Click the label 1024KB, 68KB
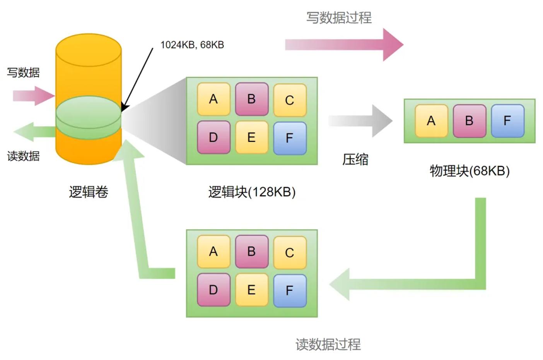click(192, 45)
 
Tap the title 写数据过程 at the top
click(339, 18)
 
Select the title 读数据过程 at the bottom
click(328, 344)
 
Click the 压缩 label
click(355, 159)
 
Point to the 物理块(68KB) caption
click(470, 171)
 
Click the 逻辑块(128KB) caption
click(252, 192)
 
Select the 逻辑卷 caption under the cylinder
click(89, 192)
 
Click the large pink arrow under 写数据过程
click(344, 45)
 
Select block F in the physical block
click(507, 121)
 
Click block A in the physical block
click(431, 121)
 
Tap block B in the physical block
click(469, 121)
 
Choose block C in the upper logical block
click(290, 100)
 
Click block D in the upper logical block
click(213, 137)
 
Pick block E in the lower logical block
click(251, 290)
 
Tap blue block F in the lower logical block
click(290, 290)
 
